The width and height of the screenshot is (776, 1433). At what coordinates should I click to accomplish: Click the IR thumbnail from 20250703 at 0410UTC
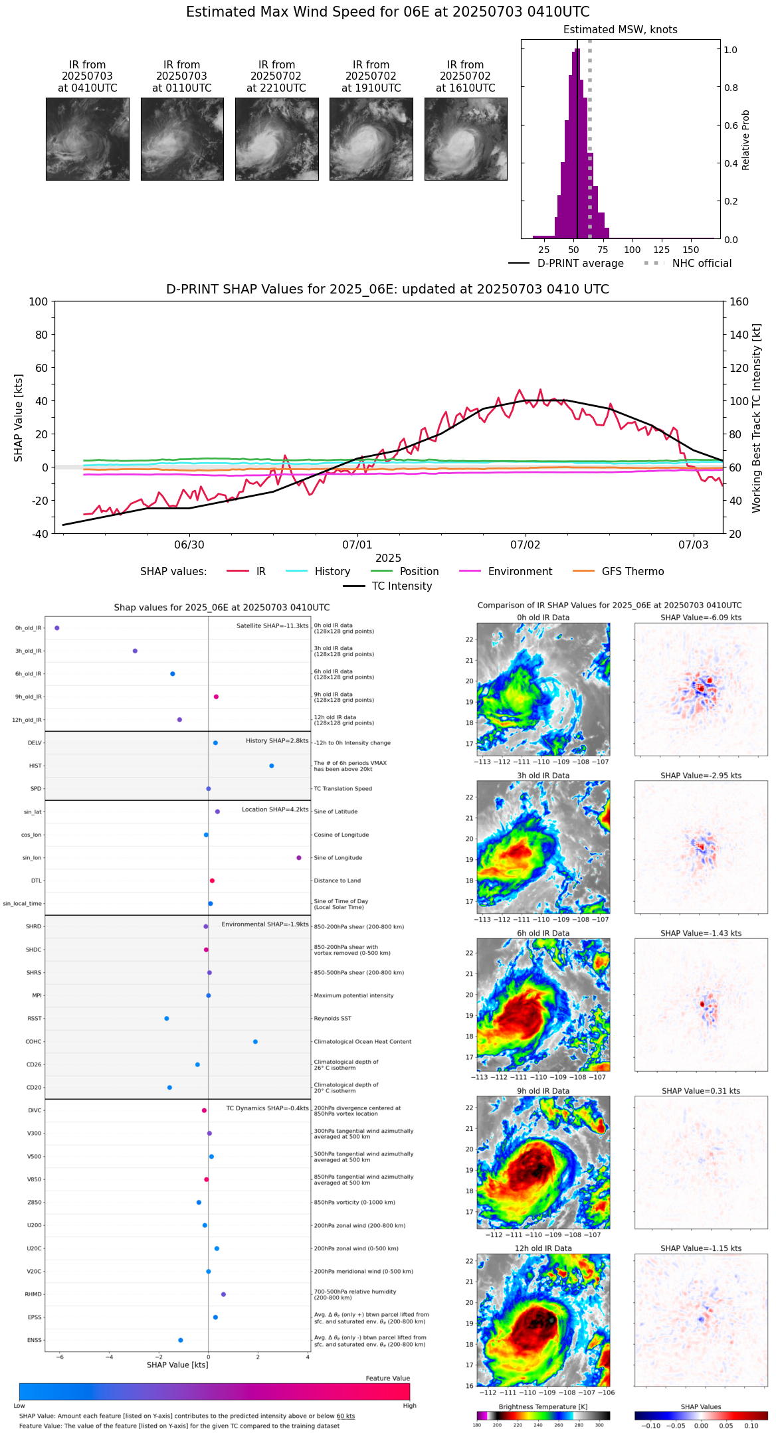tap(88, 139)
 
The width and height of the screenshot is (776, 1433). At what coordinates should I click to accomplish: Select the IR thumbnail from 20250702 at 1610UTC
tap(466, 139)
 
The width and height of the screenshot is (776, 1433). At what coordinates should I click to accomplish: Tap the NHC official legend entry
tap(702, 264)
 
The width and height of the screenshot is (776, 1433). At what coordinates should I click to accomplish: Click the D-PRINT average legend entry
tap(580, 264)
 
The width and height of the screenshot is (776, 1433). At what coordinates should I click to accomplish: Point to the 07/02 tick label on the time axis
tap(525, 545)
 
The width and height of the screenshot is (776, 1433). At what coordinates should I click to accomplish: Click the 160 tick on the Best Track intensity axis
tap(739, 301)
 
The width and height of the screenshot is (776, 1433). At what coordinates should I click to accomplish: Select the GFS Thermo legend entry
tap(632, 572)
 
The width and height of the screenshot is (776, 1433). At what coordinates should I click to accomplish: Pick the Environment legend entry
tap(520, 572)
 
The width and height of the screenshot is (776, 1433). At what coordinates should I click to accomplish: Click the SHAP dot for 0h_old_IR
tap(57, 628)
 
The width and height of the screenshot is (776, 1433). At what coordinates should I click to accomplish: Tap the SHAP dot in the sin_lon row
tap(299, 858)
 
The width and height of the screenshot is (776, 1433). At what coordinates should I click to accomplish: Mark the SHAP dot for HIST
tap(272, 766)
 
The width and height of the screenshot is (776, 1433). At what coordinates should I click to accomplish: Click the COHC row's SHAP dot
tap(255, 1042)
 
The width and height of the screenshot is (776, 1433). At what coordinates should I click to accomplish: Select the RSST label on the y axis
tap(35, 1019)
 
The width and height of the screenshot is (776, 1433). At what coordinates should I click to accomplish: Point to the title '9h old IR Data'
tap(543, 1091)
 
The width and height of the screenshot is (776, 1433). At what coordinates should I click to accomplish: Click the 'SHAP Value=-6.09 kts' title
tap(701, 618)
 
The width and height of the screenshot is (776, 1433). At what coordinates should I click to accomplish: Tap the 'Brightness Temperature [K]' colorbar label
tap(543, 1406)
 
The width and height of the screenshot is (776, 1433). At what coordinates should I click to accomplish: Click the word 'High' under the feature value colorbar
tap(409, 1406)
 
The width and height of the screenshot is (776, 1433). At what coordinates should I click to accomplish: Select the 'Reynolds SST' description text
tap(332, 1019)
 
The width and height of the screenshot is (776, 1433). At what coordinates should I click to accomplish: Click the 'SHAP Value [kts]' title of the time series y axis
tap(19, 418)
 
